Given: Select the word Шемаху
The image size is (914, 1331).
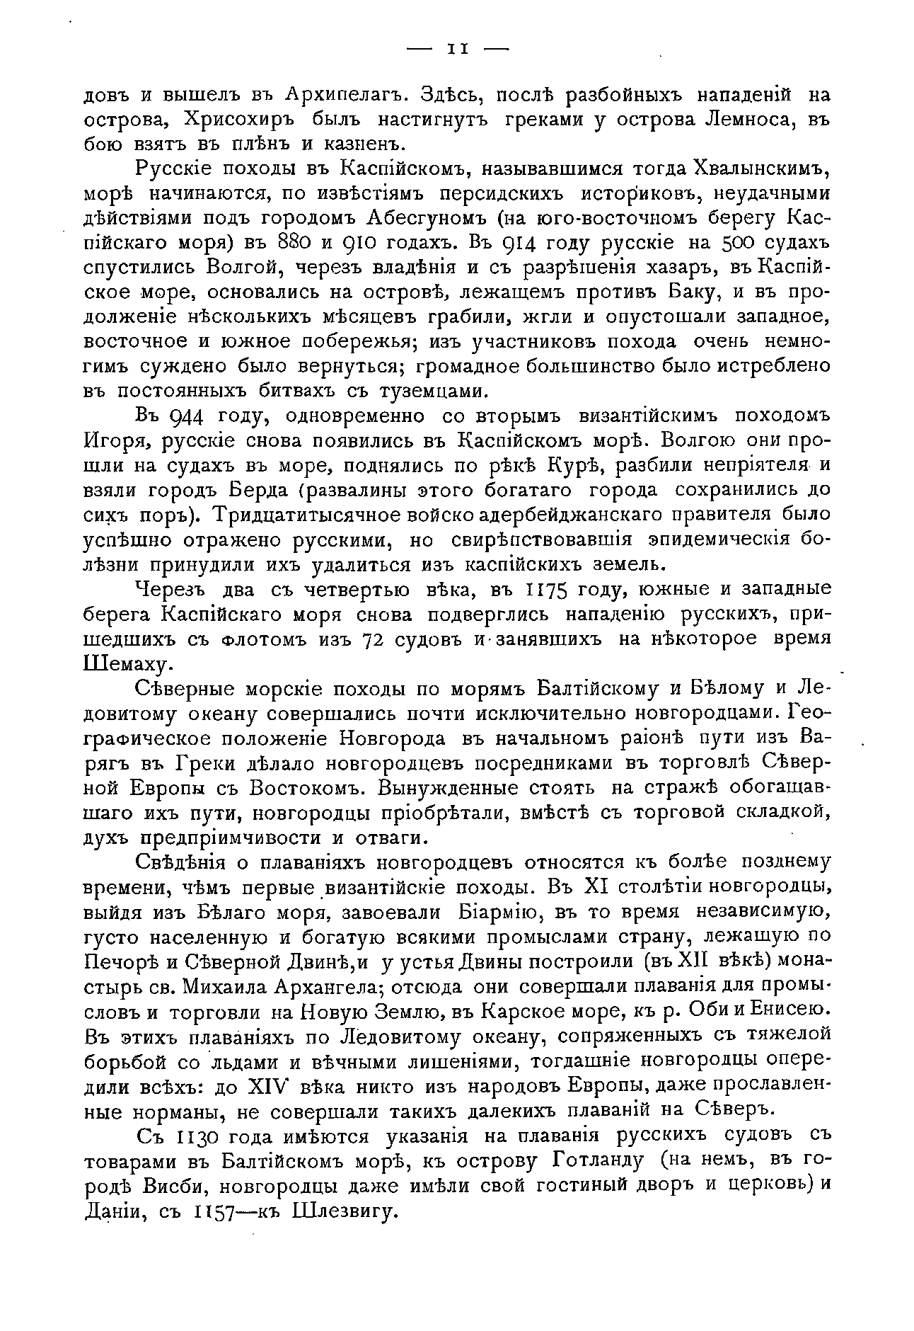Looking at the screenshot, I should (x=128, y=664).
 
